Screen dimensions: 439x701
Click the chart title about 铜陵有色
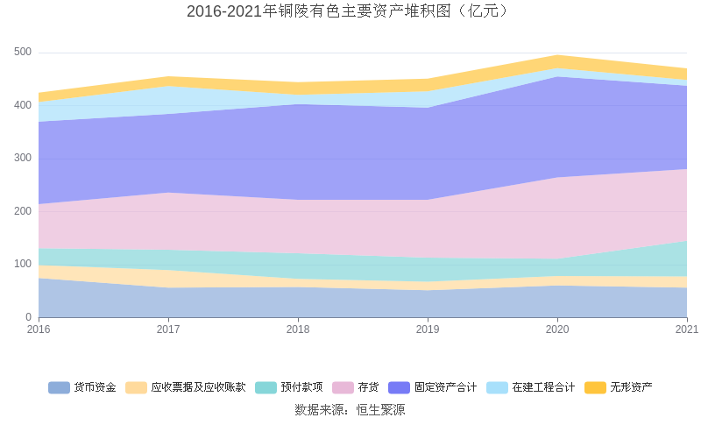(x=350, y=11)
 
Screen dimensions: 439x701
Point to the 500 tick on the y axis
(x=23, y=53)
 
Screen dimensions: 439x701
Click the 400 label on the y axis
(x=23, y=105)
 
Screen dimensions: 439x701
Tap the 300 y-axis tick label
(x=23, y=159)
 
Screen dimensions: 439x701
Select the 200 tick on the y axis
(x=23, y=211)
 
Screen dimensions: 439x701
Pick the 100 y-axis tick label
(x=23, y=264)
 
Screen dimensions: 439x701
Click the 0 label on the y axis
(x=28, y=317)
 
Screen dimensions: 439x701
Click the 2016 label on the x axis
(x=39, y=329)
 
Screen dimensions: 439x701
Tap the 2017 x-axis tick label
(x=168, y=329)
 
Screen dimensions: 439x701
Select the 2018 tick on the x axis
(x=298, y=329)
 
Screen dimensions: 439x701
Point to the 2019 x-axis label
(x=428, y=329)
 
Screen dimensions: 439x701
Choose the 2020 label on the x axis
(x=557, y=329)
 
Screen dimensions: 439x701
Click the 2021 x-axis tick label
(x=687, y=329)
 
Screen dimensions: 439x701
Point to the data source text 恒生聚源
(x=350, y=409)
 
